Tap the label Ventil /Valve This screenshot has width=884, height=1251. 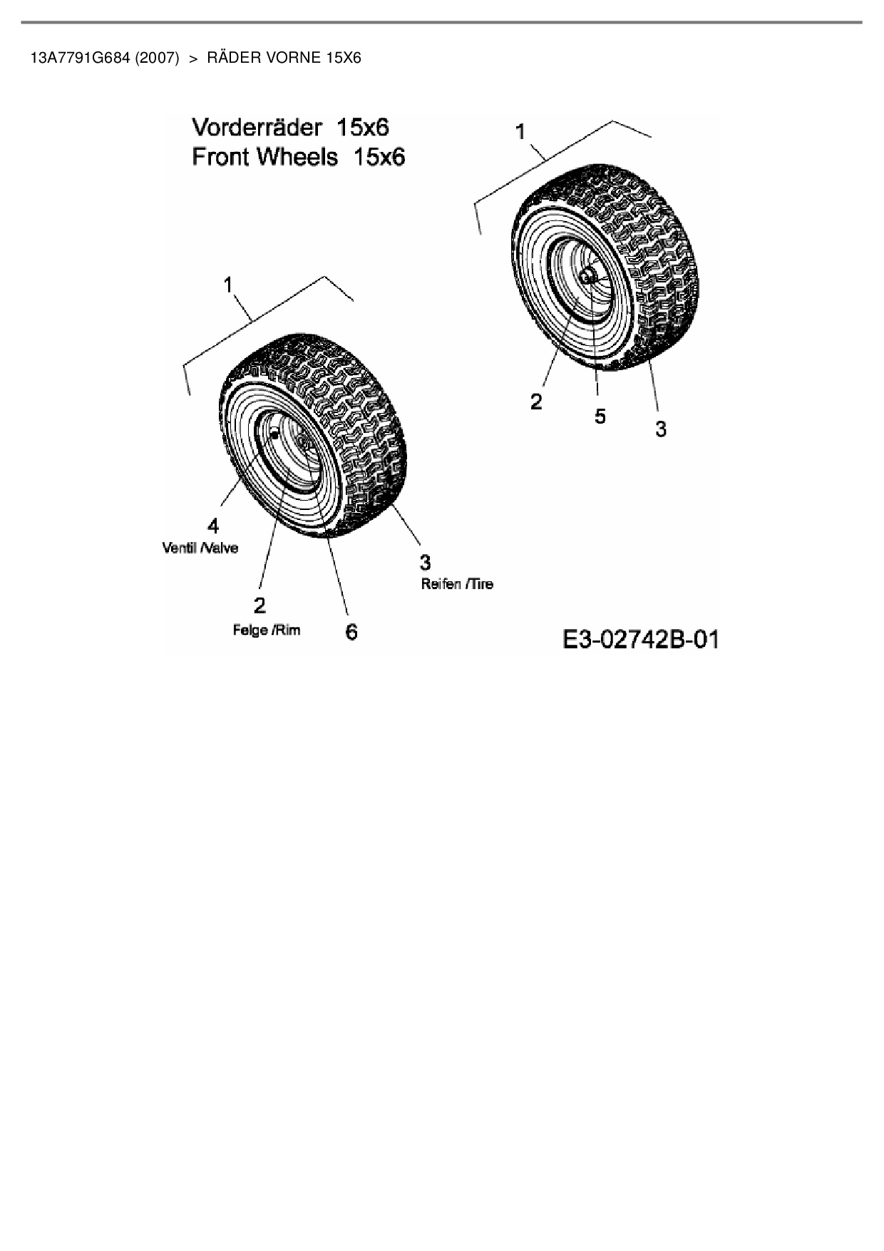tap(200, 548)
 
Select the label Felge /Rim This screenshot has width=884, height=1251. tap(267, 630)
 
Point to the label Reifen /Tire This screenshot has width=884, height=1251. tap(457, 583)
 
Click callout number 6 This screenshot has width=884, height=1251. tap(351, 632)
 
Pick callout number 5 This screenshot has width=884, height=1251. tap(600, 416)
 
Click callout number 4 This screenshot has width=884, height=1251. tap(213, 526)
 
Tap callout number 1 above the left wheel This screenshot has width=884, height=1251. tap(228, 285)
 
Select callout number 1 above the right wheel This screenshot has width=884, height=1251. tap(520, 132)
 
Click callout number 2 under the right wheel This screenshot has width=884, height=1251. tap(536, 402)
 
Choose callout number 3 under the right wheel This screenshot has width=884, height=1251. tap(661, 429)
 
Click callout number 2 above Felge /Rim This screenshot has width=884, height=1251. tap(259, 606)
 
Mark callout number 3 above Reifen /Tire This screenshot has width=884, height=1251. tap(425, 563)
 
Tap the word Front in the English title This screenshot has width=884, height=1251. tap(220, 157)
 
